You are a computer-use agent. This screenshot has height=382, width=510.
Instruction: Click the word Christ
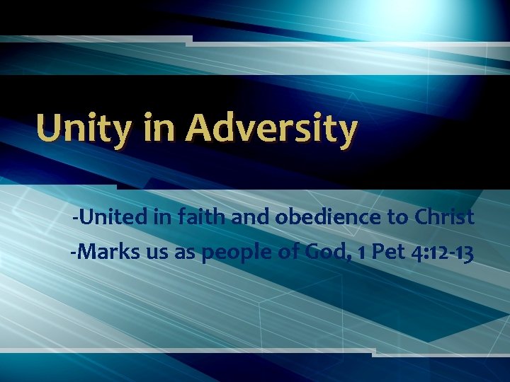point(443,217)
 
